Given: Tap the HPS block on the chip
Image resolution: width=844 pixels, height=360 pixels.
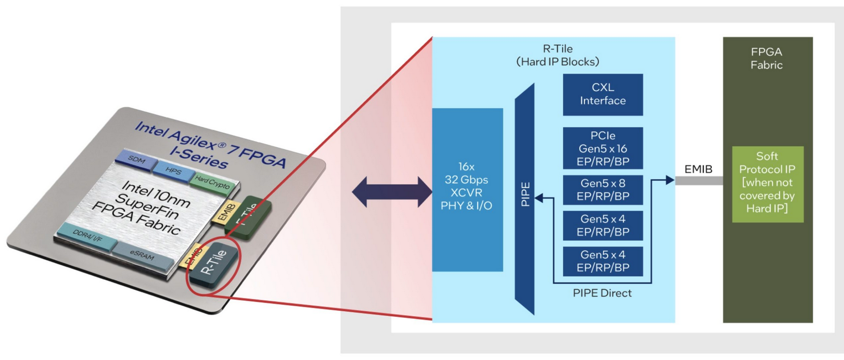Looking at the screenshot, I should (173, 171).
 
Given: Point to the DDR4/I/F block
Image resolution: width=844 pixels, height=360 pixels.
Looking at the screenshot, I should (87, 237).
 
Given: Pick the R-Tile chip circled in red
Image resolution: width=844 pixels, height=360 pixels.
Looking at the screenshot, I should (213, 263).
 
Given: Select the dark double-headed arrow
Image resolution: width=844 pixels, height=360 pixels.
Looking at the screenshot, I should (391, 192).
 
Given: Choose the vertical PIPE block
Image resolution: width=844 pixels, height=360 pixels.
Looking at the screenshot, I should (525, 198).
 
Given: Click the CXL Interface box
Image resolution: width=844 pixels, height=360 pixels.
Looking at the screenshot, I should (603, 94).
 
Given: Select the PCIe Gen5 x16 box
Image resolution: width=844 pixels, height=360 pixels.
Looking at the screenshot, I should (603, 148).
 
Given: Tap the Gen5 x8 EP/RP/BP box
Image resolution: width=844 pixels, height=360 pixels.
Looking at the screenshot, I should (603, 190).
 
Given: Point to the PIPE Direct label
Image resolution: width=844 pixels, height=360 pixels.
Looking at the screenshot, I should (602, 293).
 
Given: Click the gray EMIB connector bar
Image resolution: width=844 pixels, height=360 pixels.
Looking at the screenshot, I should (698, 181).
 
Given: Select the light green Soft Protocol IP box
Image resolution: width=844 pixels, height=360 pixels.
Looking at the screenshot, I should (767, 184).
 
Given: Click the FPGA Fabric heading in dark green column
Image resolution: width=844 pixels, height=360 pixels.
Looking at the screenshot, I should (766, 58).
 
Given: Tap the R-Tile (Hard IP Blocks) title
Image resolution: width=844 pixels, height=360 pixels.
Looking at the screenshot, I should (557, 55).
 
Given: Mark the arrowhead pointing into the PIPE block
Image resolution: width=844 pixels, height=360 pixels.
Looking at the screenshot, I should (539, 198).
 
